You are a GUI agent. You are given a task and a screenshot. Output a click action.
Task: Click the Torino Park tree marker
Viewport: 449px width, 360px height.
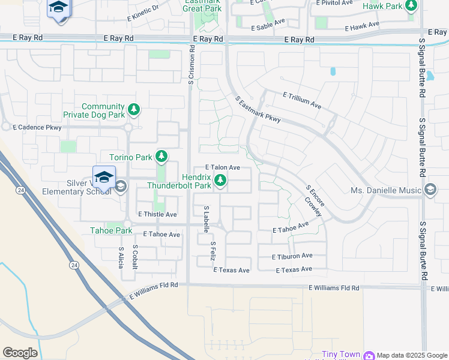(161, 157)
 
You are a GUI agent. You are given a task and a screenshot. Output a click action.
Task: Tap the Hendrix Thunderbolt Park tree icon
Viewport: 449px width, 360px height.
(221, 180)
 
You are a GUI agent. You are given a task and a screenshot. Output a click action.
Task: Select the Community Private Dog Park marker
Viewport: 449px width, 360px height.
(134, 109)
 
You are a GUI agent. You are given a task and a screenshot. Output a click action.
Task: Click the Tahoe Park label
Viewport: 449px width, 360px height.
(111, 230)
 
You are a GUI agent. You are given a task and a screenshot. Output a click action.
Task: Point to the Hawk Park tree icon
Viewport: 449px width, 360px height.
(411, 7)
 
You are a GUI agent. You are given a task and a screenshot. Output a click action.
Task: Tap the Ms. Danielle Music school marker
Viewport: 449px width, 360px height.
(430, 191)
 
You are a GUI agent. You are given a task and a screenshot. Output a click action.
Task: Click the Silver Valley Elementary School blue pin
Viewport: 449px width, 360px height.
(104, 178)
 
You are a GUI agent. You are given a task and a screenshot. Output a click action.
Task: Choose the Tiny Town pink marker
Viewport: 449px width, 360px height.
(368, 355)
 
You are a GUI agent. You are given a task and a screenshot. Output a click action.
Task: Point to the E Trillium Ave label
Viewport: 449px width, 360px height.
(302, 100)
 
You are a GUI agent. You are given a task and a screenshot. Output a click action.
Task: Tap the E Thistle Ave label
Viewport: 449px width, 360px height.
(157, 214)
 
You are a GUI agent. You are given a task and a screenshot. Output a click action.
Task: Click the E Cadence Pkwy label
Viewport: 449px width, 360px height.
(40, 127)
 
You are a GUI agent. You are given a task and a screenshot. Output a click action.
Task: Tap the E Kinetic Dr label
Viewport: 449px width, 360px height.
(143, 13)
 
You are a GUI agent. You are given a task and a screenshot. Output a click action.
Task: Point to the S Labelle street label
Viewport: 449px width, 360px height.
(206, 218)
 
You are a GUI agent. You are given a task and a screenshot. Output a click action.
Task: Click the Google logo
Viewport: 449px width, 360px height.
(20, 353)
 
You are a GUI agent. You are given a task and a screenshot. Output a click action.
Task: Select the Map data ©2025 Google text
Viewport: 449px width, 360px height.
(412, 355)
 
